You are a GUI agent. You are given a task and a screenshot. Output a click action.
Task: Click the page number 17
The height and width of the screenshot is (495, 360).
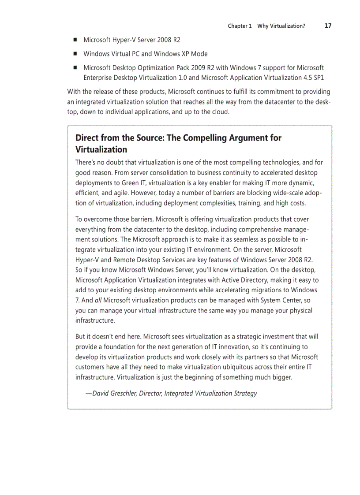[x=328, y=26]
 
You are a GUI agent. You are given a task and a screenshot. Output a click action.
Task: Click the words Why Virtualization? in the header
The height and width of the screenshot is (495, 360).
[x=281, y=26]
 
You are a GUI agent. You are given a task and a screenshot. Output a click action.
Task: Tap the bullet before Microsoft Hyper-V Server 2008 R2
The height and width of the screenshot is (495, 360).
[x=75, y=40]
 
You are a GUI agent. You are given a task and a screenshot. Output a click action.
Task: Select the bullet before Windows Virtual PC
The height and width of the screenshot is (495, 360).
[x=75, y=54]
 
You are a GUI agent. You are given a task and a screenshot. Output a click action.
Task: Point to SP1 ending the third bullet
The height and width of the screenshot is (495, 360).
[x=318, y=78]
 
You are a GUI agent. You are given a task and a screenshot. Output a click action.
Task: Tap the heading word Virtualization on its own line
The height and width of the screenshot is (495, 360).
[x=101, y=149]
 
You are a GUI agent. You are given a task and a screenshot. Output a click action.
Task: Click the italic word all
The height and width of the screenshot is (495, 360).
[x=98, y=300]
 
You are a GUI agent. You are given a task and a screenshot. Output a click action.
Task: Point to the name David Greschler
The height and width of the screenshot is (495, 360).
[x=113, y=393]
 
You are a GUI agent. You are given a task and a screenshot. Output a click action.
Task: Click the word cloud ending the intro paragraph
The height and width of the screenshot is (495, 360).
[x=220, y=112]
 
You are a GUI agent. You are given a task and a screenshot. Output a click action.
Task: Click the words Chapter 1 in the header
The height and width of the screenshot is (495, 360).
[x=240, y=26]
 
